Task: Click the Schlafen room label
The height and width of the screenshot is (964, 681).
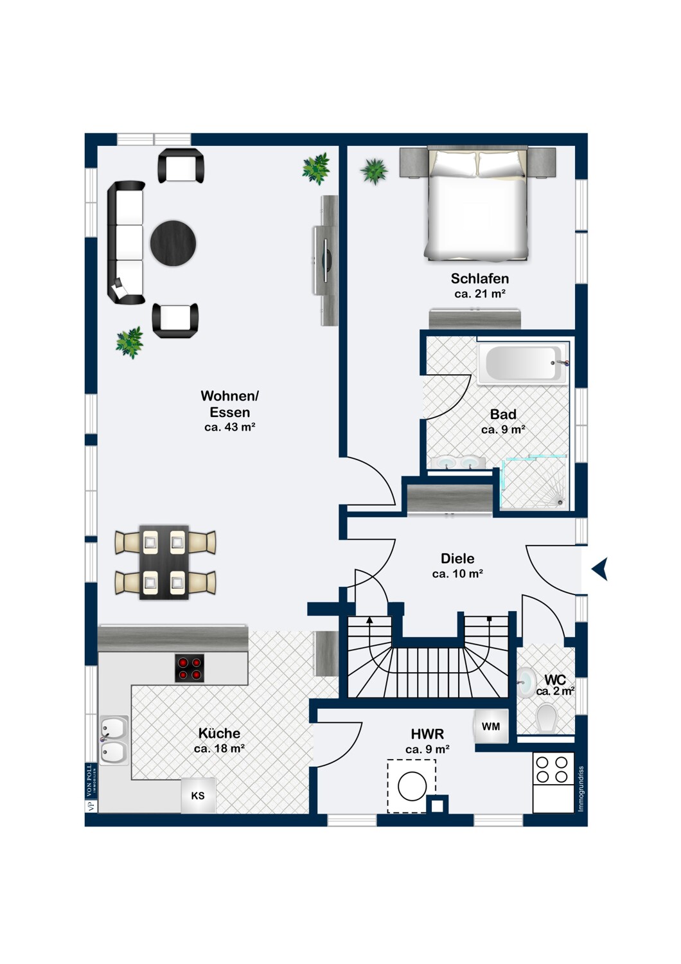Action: click(479, 278)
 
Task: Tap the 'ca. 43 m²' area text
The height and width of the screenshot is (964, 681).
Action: click(229, 427)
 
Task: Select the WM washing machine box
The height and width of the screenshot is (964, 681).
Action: click(491, 726)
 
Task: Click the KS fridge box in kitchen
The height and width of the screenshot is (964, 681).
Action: click(198, 796)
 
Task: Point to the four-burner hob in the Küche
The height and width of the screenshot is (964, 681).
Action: click(190, 668)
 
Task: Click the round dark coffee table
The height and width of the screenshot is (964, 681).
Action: click(173, 243)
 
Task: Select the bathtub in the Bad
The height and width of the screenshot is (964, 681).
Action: click(523, 364)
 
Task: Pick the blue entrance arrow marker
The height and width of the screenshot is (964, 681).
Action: click(600, 569)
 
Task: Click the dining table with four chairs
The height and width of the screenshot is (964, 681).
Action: click(164, 562)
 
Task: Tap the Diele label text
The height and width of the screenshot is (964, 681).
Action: click(457, 558)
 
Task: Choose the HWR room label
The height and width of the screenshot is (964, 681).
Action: click(427, 733)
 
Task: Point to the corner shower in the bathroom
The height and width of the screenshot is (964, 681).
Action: click(535, 483)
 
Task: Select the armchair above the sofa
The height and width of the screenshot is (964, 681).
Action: click(181, 166)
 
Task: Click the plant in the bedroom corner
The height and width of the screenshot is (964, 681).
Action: click(374, 171)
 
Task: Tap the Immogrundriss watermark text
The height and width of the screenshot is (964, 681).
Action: click(581, 788)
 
